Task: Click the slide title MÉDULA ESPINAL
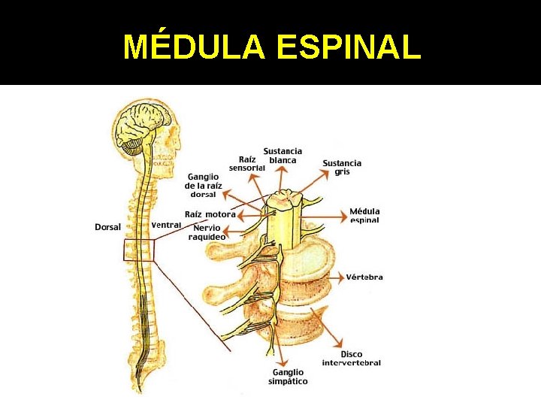point(271,47)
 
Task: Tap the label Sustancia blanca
point(283,156)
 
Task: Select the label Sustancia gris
point(342,167)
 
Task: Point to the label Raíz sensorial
point(247,164)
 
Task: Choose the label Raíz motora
point(210,214)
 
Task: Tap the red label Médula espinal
point(365,216)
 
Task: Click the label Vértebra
point(364,277)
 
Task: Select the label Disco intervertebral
point(351,359)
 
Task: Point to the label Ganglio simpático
point(288,377)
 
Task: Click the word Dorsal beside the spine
point(108,227)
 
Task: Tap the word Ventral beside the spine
point(166,225)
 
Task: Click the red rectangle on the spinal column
point(138,250)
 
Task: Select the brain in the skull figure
point(144,120)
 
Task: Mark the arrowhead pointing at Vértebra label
point(343,277)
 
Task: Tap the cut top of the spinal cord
point(285,200)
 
